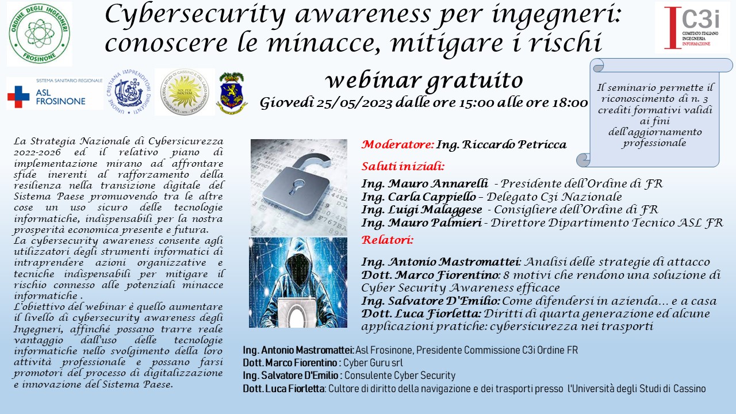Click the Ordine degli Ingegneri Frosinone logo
[x=40, y=34]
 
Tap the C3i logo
[x=692, y=28]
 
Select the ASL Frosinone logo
[x=55, y=93]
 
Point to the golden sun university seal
[x=185, y=92]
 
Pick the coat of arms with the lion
[x=232, y=93]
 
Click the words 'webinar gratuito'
[x=424, y=81]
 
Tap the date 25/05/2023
[x=354, y=103]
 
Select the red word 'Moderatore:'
[x=397, y=144]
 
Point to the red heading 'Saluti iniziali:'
[x=403, y=166]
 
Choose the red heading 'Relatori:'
[x=387, y=240]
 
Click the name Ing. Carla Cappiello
[x=419, y=197]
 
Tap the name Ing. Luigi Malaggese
[x=421, y=210]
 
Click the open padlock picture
[x=298, y=187]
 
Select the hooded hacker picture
[x=298, y=282]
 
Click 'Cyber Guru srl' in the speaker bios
[x=373, y=363]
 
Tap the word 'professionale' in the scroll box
[x=654, y=143]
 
